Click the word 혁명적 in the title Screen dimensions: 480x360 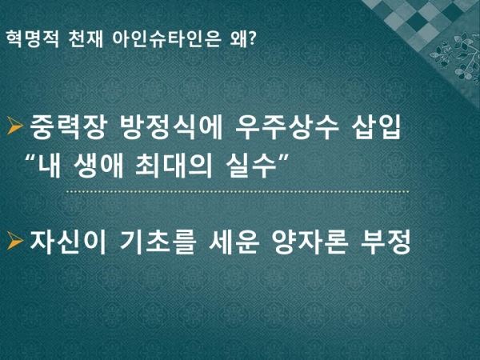pyautogui.click(x=32, y=39)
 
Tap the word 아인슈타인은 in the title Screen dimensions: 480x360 pyautogui.click(x=166, y=39)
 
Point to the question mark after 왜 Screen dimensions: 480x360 pyautogui.click(x=251, y=38)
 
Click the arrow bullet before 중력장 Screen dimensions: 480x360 pyautogui.click(x=15, y=126)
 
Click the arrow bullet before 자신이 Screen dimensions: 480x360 pyautogui.click(x=15, y=241)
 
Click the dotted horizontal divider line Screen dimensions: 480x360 pyautogui.click(x=238, y=192)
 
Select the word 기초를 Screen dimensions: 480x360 pyautogui.click(x=158, y=242)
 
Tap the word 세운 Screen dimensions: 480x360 pyautogui.click(x=234, y=242)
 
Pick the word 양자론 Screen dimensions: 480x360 pyautogui.click(x=310, y=242)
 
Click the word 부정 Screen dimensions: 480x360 pyautogui.click(x=386, y=242)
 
